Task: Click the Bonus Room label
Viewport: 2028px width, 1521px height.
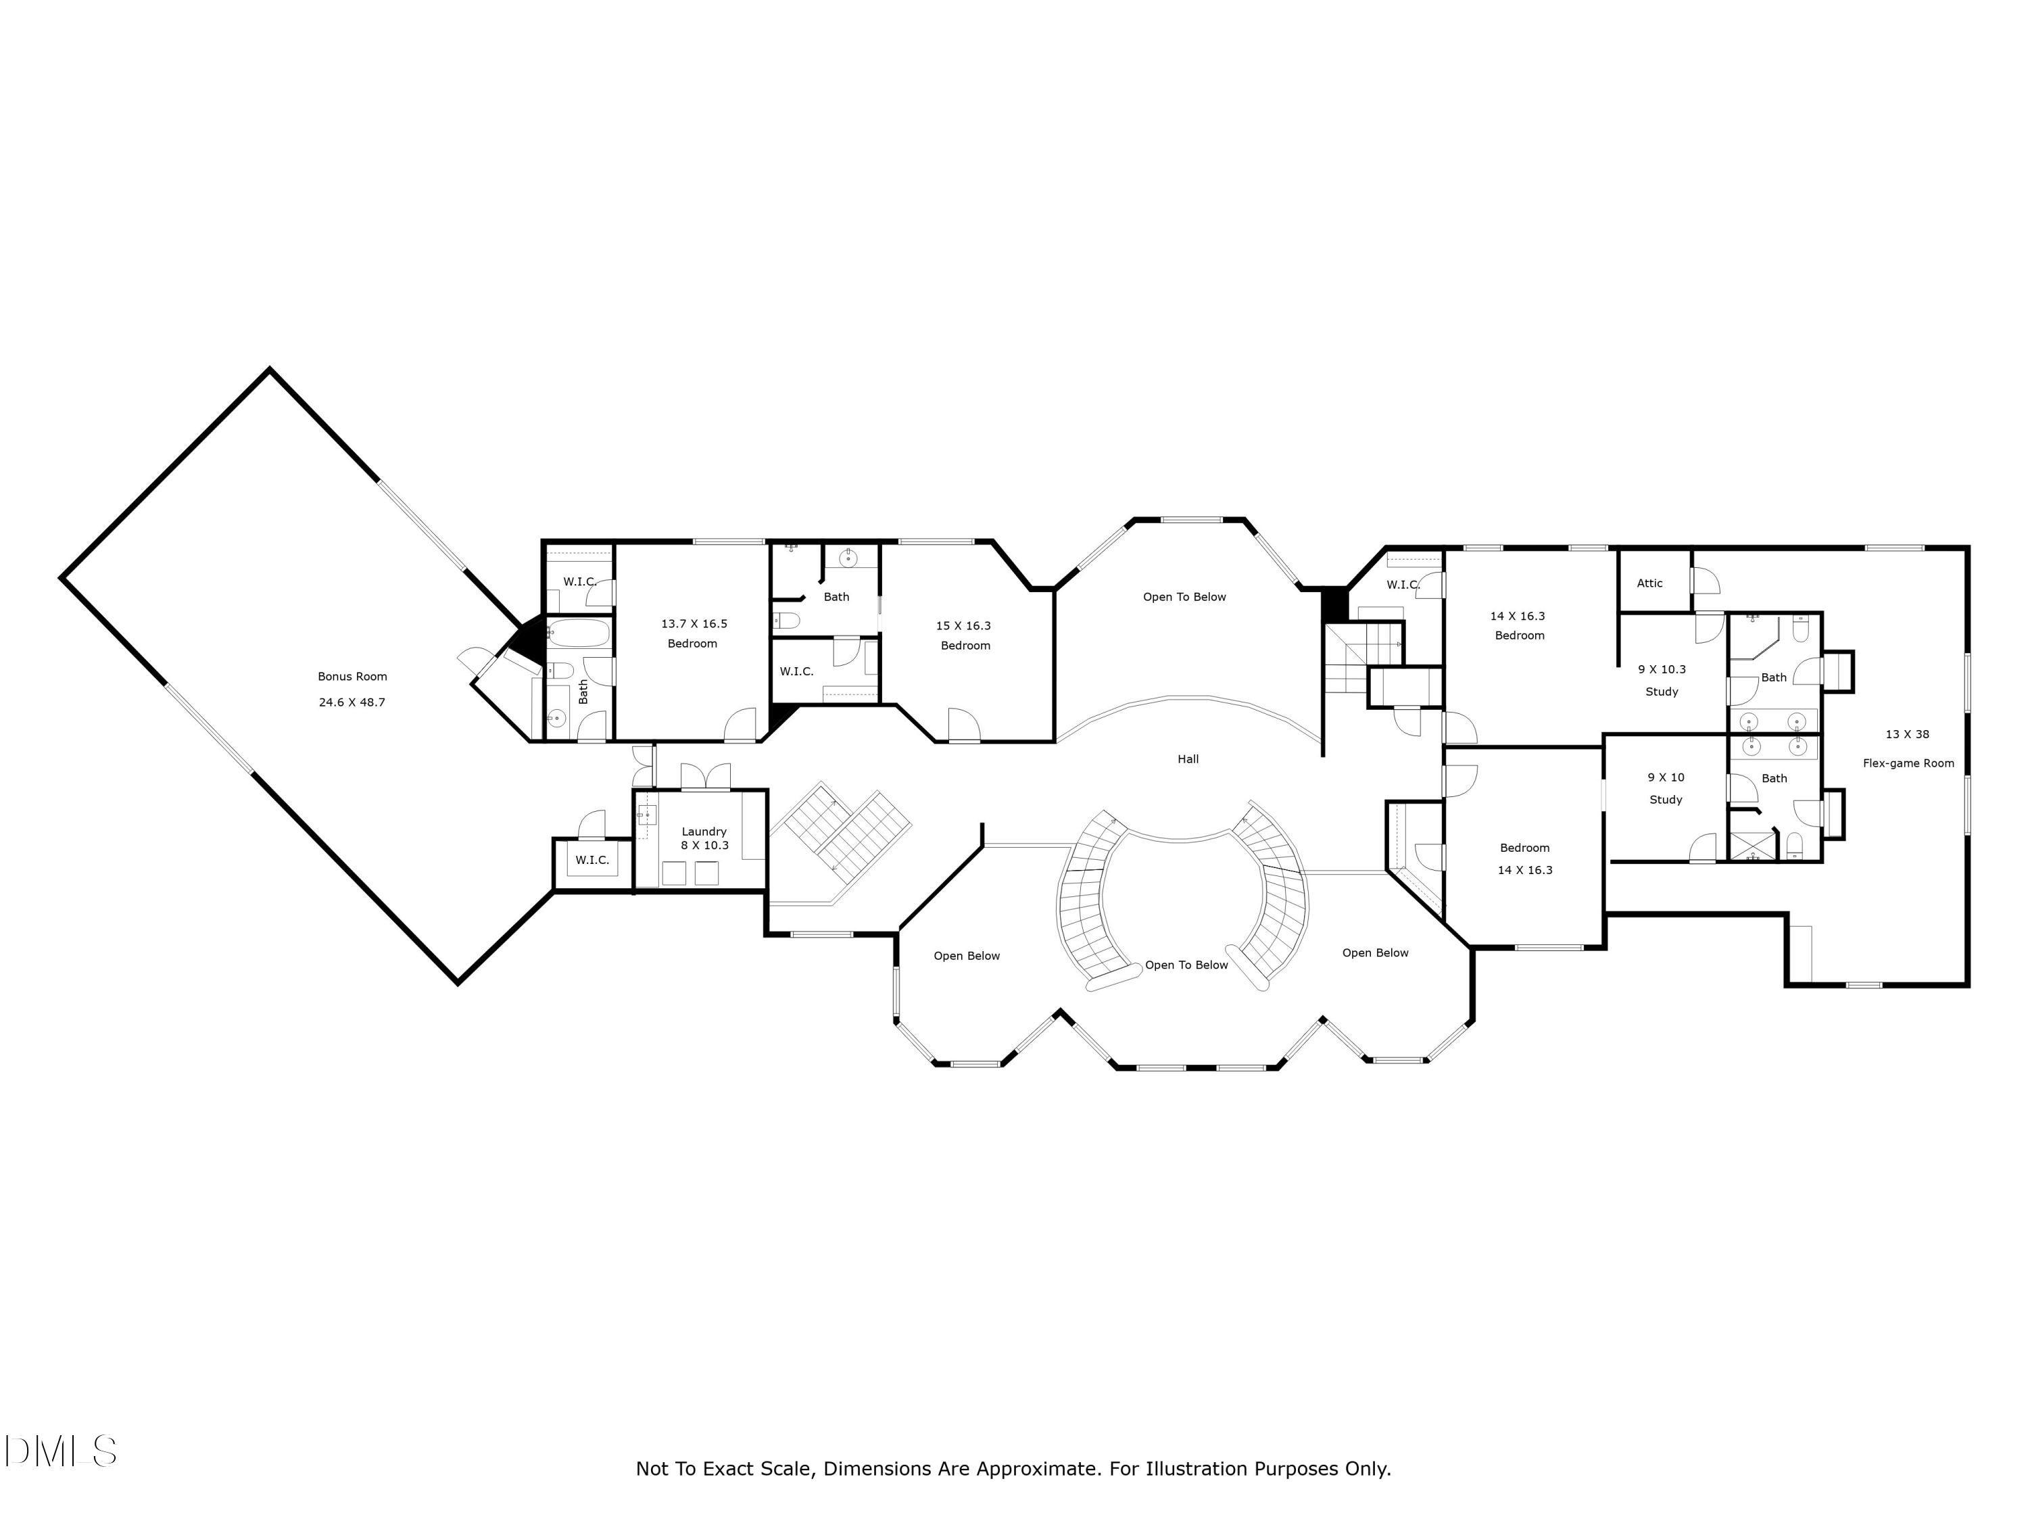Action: coord(352,677)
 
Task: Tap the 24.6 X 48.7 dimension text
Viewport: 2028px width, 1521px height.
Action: coord(352,702)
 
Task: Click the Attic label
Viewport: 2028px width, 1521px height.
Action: coord(1649,583)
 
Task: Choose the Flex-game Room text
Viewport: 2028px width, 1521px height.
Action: coord(1908,763)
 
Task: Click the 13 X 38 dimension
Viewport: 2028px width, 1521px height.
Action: coord(1907,734)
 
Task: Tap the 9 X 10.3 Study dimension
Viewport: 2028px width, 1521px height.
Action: coord(1662,669)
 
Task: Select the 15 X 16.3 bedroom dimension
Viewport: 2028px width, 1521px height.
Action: coord(963,626)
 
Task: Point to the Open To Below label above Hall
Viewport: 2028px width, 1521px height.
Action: coord(1184,597)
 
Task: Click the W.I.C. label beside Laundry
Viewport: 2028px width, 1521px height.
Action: coord(591,860)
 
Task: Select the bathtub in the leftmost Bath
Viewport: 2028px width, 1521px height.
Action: coord(579,633)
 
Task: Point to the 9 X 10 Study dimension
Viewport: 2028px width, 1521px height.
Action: coord(1665,777)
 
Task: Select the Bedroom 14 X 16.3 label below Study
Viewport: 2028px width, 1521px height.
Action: coord(1524,848)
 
